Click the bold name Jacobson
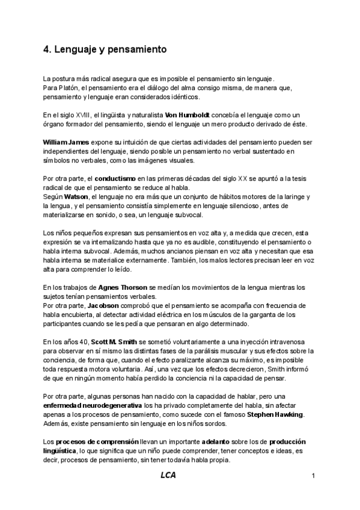coord(103,305)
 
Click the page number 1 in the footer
coord(314,477)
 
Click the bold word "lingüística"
coord(59,450)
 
